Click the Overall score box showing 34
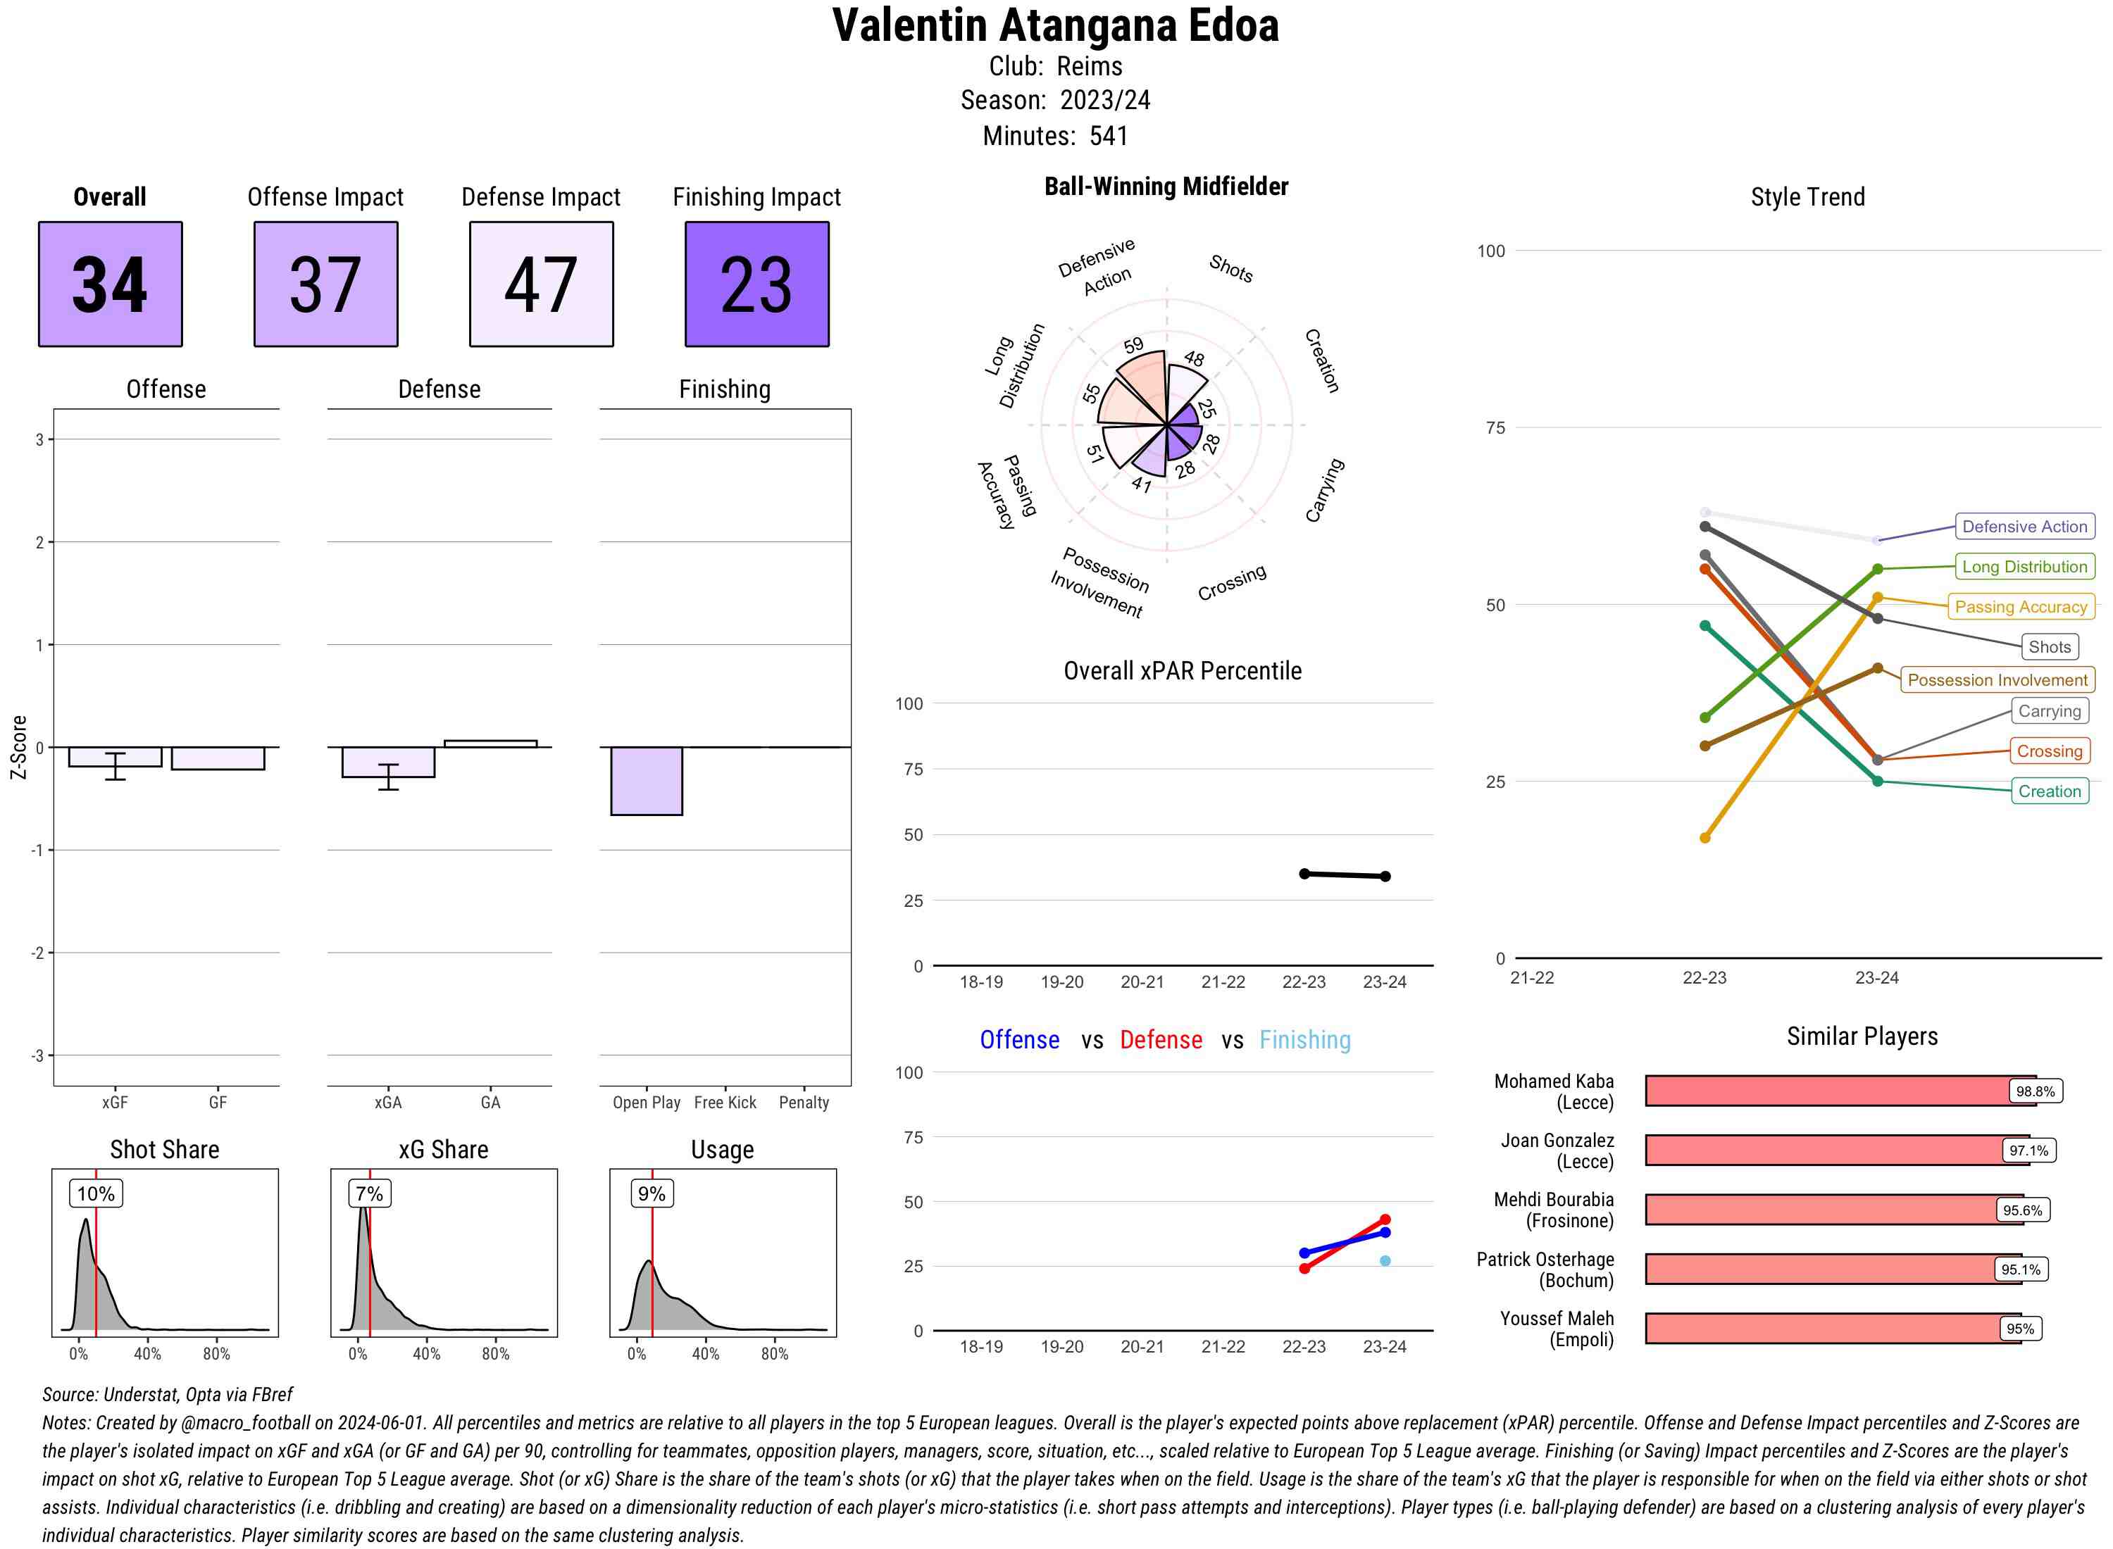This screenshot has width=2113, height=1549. point(110,284)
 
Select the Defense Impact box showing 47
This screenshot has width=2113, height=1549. point(541,284)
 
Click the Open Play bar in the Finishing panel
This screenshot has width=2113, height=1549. point(646,780)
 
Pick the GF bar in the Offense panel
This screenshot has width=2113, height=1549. point(218,758)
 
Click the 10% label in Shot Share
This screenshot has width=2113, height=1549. point(96,1193)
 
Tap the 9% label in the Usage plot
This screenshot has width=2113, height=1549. point(651,1193)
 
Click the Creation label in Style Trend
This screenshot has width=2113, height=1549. point(2049,791)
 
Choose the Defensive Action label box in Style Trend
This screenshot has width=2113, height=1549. point(2024,527)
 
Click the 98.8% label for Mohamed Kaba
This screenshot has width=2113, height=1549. point(2034,1091)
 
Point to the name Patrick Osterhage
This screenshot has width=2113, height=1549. point(1545,1259)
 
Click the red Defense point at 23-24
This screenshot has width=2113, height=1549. point(1385,1220)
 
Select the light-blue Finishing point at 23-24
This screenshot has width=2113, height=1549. point(1385,1261)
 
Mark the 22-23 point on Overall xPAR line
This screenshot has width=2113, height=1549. point(1304,874)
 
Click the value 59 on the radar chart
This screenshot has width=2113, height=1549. point(1134,345)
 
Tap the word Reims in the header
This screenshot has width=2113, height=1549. point(1089,67)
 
